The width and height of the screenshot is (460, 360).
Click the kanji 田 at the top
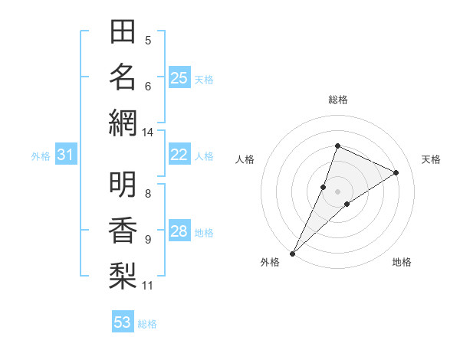coord(123,33)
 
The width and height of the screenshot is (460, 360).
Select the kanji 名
coord(123,77)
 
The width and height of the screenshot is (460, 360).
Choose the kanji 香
coord(123,229)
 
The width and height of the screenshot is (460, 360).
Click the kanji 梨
coord(123,273)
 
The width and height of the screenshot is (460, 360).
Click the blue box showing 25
coord(179,77)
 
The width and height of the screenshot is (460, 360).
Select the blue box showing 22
coord(179,155)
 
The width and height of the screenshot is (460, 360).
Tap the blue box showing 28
coord(179,232)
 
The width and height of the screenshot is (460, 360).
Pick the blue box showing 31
coord(66,155)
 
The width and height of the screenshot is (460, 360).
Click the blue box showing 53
coord(123,322)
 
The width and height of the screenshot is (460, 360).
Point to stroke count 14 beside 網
coord(147,132)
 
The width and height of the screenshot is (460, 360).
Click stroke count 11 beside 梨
coord(147,286)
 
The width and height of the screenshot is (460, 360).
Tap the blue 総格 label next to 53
coord(147,324)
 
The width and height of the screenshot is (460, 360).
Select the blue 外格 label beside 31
coord(41,156)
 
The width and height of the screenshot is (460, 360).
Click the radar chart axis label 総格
coord(337,100)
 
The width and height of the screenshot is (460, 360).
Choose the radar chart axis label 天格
coord(431,159)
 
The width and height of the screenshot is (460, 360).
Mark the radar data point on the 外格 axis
coord(292,254)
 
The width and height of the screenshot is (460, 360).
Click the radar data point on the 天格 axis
coord(396,172)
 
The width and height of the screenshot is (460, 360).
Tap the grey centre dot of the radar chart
coord(337,191)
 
